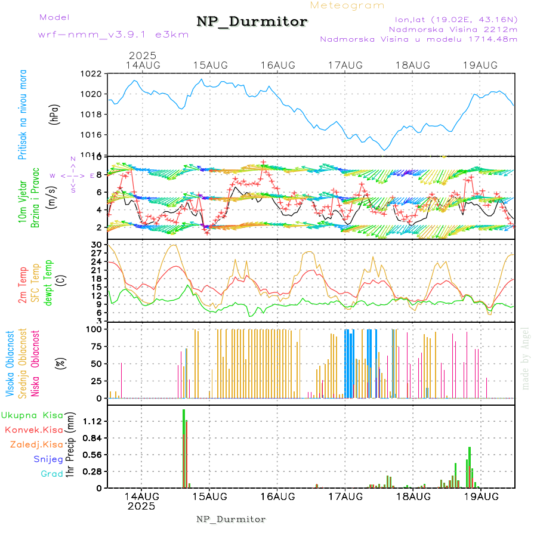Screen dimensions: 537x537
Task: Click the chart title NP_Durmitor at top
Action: point(252,22)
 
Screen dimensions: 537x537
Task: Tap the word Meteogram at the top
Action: point(347,5)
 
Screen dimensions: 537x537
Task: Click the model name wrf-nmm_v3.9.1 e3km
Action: point(113,35)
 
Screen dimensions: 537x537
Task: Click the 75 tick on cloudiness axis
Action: point(95,345)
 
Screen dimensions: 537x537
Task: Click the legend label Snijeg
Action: point(48,459)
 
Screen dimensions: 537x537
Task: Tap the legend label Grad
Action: point(51,474)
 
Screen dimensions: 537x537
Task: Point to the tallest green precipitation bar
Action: point(184,448)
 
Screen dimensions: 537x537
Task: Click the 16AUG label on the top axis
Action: point(278,64)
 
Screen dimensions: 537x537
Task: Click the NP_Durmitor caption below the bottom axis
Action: point(231,519)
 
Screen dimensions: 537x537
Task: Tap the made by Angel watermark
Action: point(526,358)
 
